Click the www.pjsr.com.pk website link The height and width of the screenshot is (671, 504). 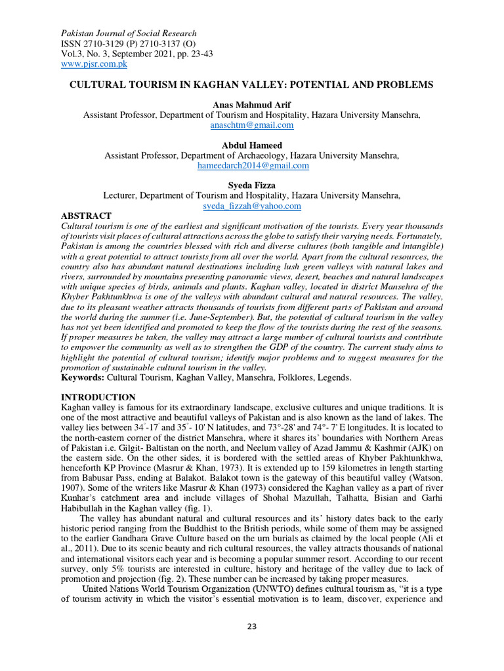94,64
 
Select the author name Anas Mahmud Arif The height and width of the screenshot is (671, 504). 252,105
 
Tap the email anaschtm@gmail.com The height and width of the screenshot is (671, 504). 252,125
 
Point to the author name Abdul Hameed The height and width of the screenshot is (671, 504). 252,145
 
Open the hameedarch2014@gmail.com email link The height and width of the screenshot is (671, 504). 253,166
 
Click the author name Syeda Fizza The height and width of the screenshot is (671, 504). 252,186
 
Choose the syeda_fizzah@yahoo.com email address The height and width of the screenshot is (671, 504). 252,206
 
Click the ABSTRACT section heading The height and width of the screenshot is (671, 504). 86,216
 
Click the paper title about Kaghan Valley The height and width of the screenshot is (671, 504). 252,85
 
